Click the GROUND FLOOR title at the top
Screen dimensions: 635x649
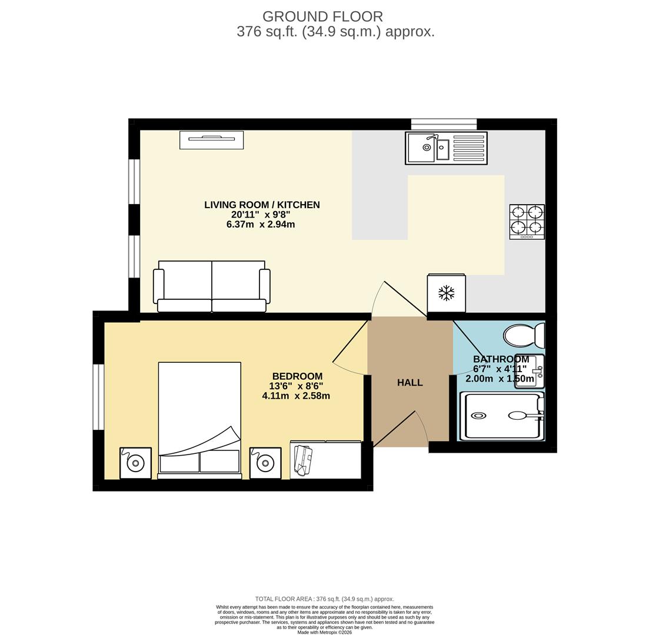(x=322, y=16)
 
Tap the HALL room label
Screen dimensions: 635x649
(x=410, y=383)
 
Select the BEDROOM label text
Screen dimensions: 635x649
(x=297, y=376)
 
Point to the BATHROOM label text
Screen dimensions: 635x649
(x=501, y=359)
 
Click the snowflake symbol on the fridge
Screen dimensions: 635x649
(x=446, y=293)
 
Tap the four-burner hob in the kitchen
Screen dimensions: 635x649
(x=527, y=221)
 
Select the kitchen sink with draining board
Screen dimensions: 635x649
(x=446, y=148)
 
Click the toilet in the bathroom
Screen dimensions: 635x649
(x=523, y=336)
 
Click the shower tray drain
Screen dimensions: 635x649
(x=478, y=416)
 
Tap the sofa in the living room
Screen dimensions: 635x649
(x=211, y=286)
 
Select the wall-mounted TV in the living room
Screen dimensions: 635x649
(x=211, y=139)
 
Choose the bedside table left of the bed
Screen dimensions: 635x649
(x=135, y=463)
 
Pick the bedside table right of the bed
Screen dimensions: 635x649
(x=265, y=463)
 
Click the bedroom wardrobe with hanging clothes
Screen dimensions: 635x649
(x=325, y=460)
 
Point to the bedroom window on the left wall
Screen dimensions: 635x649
(x=98, y=397)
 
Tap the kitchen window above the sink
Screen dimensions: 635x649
(x=444, y=124)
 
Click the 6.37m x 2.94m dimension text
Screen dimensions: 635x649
(x=261, y=225)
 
